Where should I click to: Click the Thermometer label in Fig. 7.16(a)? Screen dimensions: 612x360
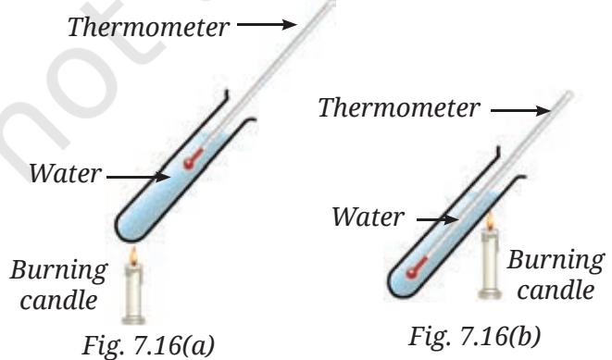point(148,28)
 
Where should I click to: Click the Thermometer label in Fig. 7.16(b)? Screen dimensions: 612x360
point(399,107)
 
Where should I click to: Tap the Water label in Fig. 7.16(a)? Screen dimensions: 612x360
point(65,174)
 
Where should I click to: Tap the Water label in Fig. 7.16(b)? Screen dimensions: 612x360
point(368,217)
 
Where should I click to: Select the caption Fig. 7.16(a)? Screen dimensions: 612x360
point(148,345)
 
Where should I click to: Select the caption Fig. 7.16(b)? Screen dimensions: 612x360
point(475,336)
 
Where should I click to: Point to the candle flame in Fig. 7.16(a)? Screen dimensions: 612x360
point(134,255)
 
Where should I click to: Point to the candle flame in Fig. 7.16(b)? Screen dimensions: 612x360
point(490,221)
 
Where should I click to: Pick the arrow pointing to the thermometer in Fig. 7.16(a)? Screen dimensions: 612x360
point(268,25)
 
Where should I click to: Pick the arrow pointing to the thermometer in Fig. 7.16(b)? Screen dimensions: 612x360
point(520,111)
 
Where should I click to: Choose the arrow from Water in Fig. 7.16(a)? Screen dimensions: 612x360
point(138,177)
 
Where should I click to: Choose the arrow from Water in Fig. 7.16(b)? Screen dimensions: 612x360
point(438,219)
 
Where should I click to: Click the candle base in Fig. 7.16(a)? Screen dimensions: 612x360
point(133,320)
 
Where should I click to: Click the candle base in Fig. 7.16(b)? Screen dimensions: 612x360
point(490,293)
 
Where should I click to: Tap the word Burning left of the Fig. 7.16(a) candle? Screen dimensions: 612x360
point(58,270)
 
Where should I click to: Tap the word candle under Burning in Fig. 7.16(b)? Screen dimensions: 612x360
point(556,291)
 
